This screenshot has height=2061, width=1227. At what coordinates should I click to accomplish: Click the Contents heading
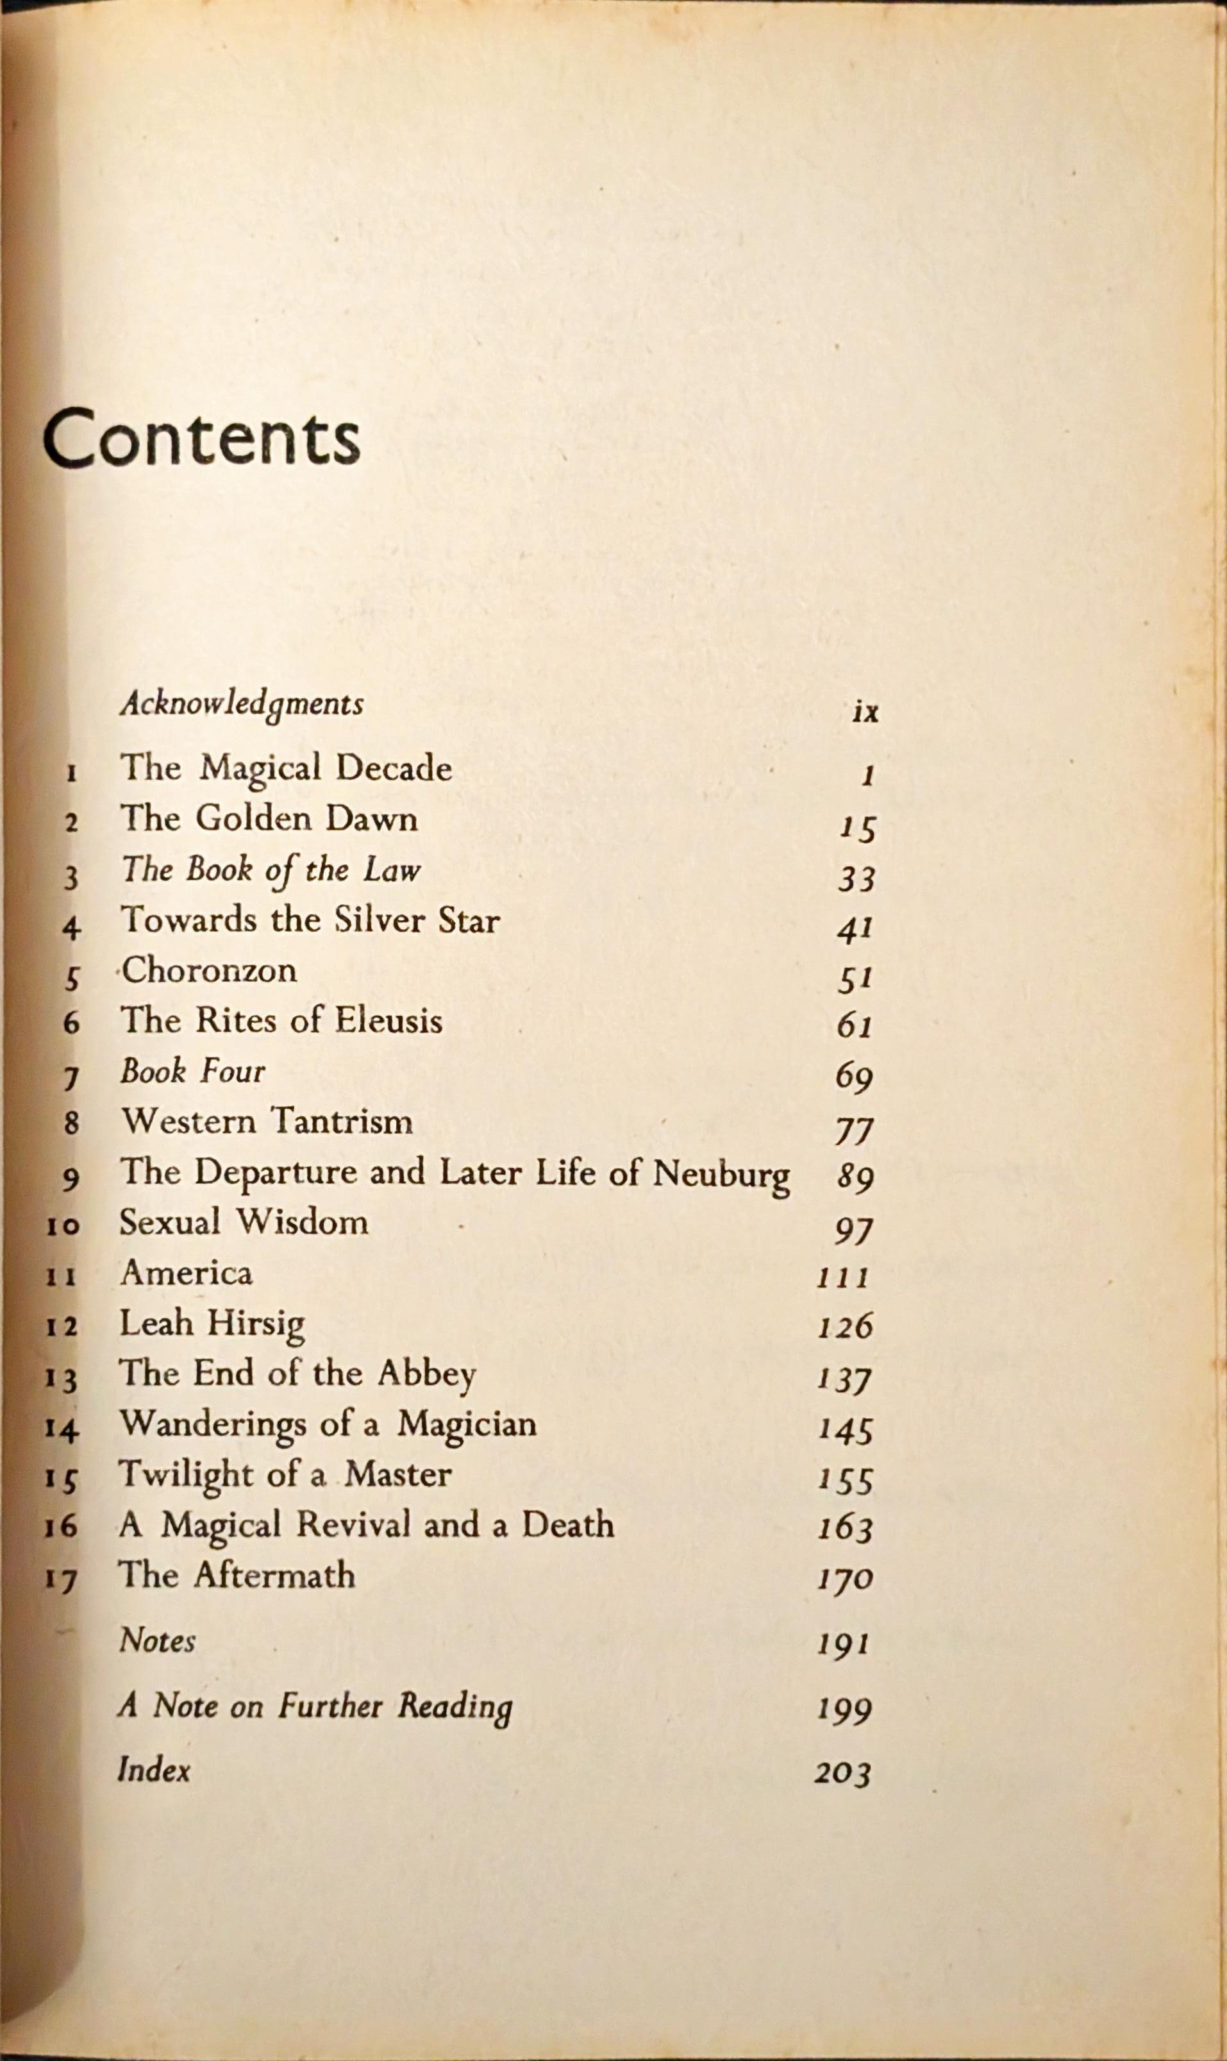click(x=201, y=439)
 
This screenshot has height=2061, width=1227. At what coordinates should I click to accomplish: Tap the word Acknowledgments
click(x=242, y=705)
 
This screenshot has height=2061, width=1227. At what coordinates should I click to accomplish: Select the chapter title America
click(x=186, y=1273)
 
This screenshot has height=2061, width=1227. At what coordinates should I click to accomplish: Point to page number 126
click(x=845, y=1327)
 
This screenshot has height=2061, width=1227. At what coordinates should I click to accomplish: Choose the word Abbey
click(x=427, y=1375)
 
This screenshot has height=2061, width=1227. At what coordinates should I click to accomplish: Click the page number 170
click(x=845, y=1579)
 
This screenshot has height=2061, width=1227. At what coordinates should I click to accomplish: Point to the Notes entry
click(x=157, y=1640)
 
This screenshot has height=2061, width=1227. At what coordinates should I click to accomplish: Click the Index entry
click(x=154, y=1769)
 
